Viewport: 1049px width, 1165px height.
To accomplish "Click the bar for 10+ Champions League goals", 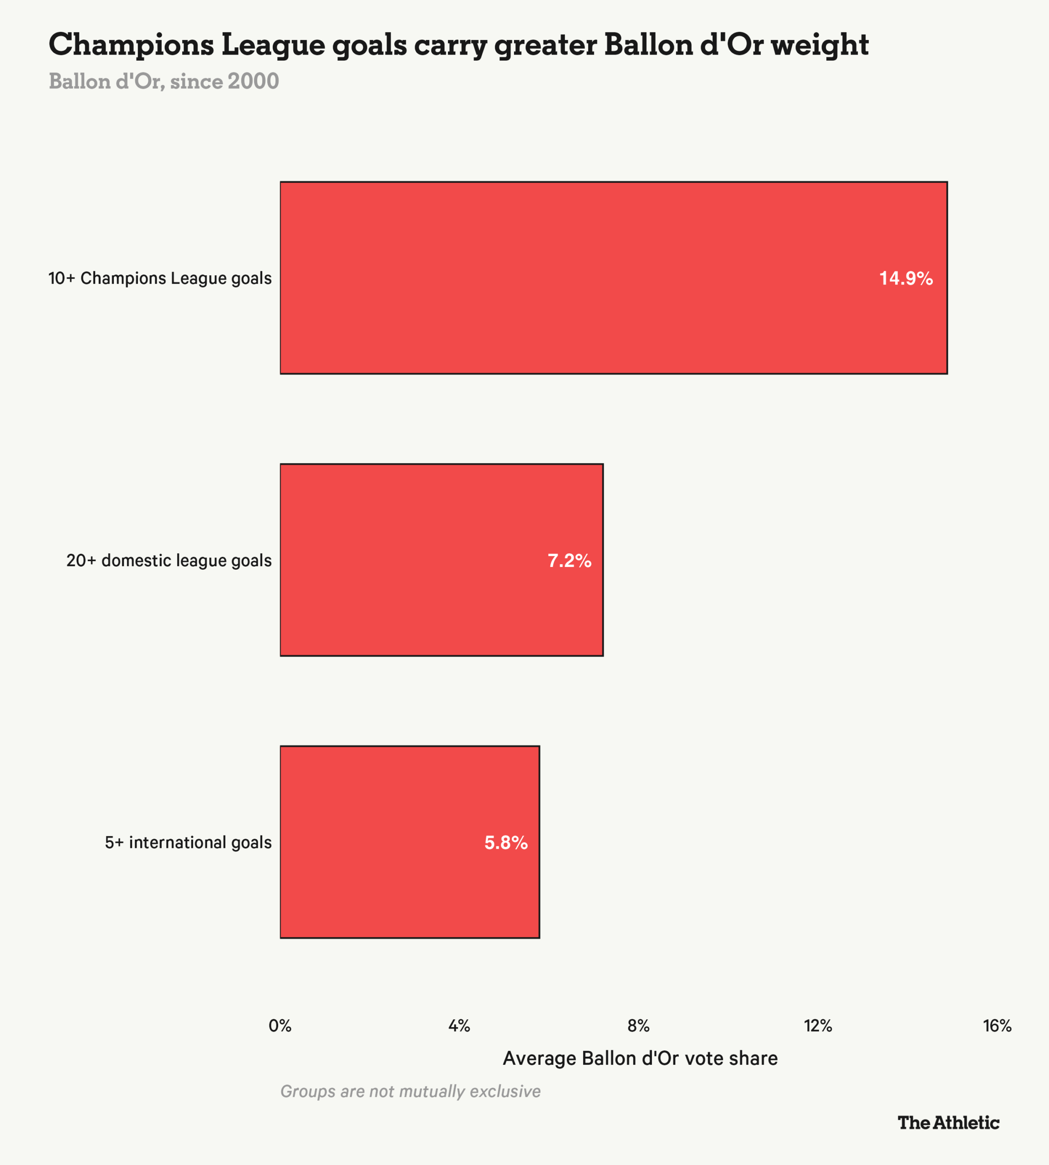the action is [x=613, y=278].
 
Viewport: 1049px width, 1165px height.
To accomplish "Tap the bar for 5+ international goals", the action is [x=410, y=842].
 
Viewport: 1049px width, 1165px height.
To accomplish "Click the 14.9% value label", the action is [x=906, y=279].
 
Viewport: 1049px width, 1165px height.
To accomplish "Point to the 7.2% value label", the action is [x=570, y=561].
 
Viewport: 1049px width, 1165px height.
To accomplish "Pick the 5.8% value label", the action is [x=506, y=843].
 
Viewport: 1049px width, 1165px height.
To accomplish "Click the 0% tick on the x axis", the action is [x=280, y=1026].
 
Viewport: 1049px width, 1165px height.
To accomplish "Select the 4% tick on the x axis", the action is [x=459, y=1026].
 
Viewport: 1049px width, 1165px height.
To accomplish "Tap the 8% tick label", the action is [x=639, y=1026].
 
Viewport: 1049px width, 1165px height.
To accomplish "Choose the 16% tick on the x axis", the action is [x=998, y=1026].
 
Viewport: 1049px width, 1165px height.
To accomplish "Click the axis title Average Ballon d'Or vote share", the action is [x=640, y=1059].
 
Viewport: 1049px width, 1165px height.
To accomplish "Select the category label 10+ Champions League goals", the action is [x=160, y=279].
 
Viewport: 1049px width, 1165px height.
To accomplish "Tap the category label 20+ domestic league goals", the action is [x=169, y=561].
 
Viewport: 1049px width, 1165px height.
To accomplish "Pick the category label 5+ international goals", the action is [x=188, y=843].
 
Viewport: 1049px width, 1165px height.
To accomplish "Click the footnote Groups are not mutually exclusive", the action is [x=410, y=1091].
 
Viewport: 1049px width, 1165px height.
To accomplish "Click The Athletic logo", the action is [x=949, y=1122].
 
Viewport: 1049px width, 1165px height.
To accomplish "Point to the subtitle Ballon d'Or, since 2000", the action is [x=164, y=81].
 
